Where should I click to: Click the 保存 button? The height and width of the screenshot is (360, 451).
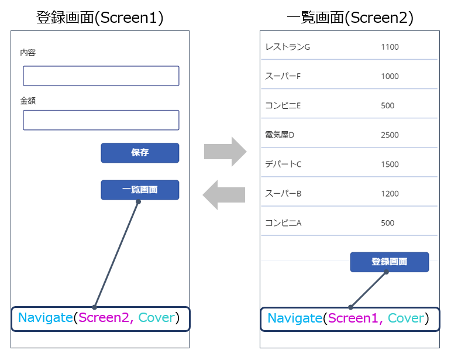tap(140, 153)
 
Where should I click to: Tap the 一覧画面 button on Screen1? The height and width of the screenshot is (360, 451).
tap(140, 190)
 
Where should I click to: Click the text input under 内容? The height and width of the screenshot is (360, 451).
tap(101, 76)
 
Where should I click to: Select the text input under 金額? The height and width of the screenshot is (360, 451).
tap(101, 120)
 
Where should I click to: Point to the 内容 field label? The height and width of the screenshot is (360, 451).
tap(28, 53)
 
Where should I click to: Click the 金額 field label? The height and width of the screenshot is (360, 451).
tap(28, 101)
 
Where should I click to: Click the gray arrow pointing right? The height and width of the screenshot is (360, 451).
tap(225, 152)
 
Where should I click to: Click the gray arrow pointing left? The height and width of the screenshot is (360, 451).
tap(224, 194)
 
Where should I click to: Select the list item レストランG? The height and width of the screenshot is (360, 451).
tap(287, 47)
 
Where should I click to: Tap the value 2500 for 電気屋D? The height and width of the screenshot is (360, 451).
tap(390, 135)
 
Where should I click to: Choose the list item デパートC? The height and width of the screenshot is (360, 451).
tap(283, 164)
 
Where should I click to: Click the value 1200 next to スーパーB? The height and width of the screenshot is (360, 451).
tap(390, 193)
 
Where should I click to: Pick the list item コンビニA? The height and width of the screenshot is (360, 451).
tap(283, 222)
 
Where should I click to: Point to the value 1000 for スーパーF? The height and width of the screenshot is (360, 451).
tap(390, 76)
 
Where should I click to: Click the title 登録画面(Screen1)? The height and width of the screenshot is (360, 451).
tap(100, 18)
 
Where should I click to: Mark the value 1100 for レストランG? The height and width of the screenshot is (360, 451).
tap(390, 47)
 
